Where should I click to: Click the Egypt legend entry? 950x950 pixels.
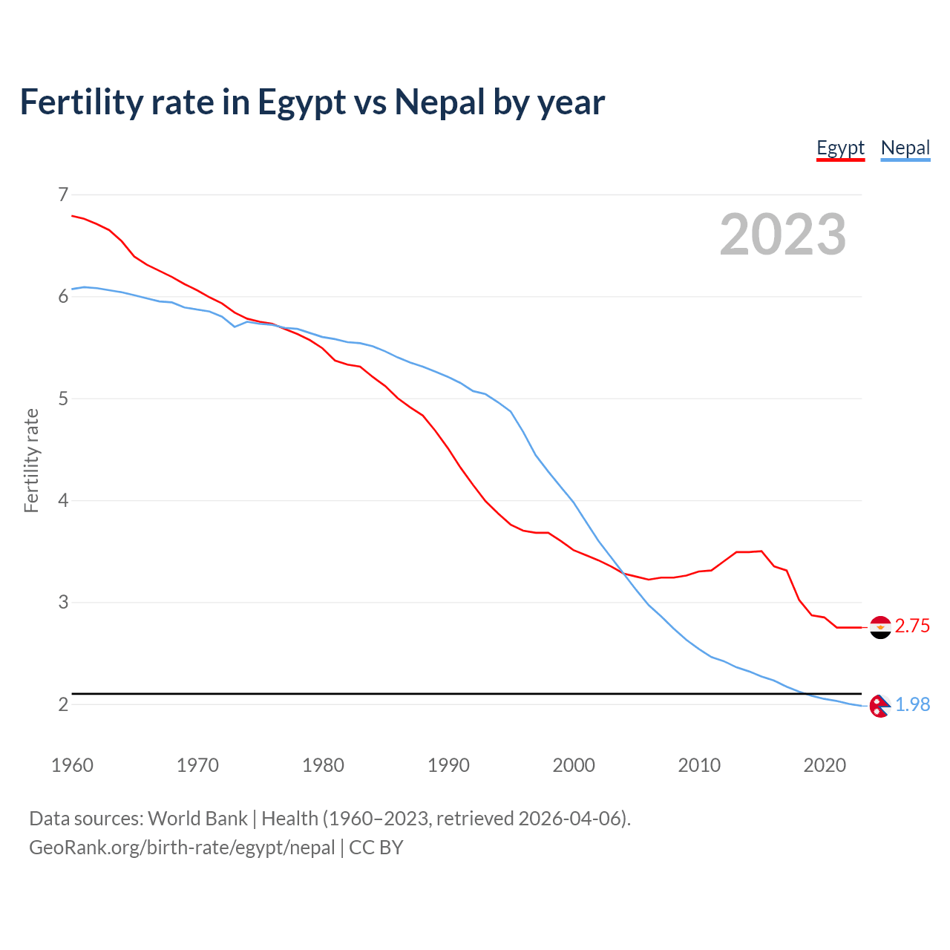tap(840, 148)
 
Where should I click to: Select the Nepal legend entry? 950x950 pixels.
tap(905, 148)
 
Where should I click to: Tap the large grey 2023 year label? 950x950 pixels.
tap(782, 235)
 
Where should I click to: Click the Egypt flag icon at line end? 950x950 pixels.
tap(880, 627)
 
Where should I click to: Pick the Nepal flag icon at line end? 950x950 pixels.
tap(879, 706)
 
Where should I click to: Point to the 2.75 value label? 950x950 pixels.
tap(912, 626)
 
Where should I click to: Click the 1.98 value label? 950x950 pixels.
tap(912, 705)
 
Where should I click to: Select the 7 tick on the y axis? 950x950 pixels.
tap(63, 194)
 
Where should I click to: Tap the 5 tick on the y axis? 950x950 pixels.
tap(63, 399)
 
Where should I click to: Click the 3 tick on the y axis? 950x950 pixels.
tap(63, 602)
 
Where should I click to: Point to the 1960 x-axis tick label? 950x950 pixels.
tap(72, 765)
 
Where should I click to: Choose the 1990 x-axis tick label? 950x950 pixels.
tap(448, 765)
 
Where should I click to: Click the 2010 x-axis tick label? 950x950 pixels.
tap(699, 765)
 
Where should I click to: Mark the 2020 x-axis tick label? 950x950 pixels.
tap(825, 765)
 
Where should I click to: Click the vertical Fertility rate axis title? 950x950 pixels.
tap(31, 460)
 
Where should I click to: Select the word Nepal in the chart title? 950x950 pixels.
tap(439, 102)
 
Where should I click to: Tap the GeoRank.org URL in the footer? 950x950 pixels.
tap(182, 848)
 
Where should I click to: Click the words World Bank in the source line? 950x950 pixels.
tap(197, 819)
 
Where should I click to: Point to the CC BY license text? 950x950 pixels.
tap(376, 848)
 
